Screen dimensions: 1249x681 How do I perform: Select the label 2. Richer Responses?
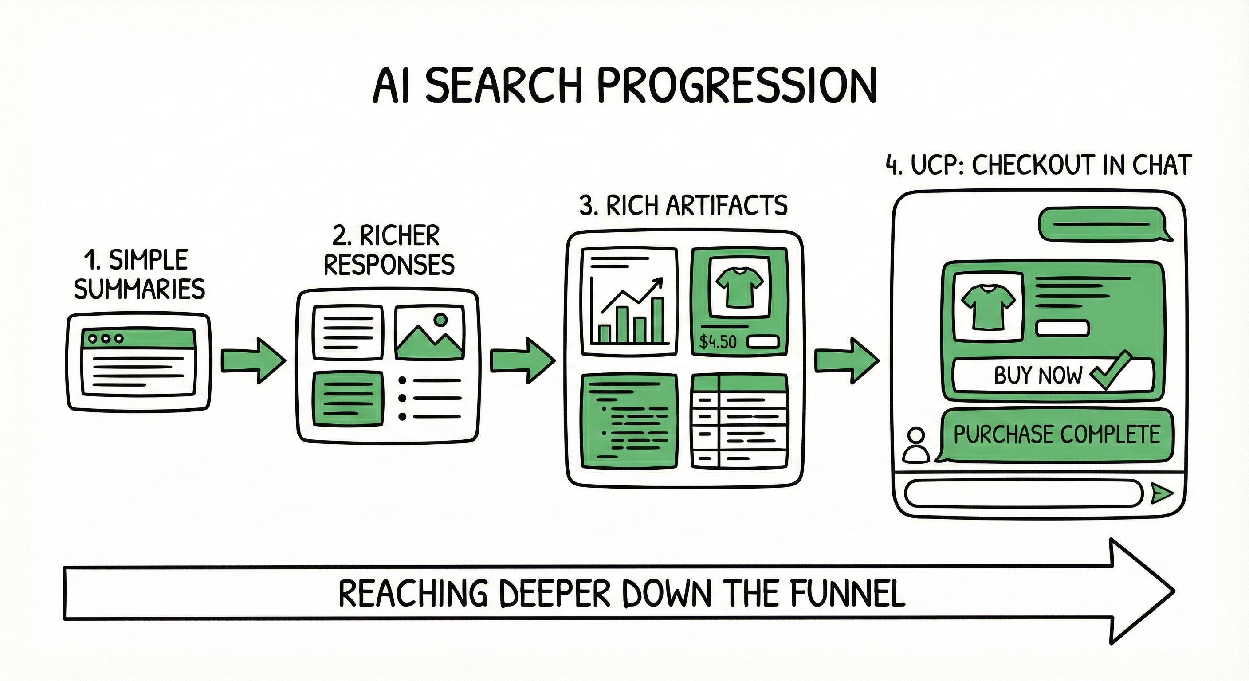click(x=389, y=250)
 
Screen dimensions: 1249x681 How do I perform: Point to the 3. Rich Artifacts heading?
click(x=683, y=206)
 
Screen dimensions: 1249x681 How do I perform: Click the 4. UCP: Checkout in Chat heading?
click(x=1038, y=165)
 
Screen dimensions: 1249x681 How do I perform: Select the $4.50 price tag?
click(x=718, y=342)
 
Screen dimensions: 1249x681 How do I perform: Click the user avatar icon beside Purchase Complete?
click(x=915, y=445)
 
